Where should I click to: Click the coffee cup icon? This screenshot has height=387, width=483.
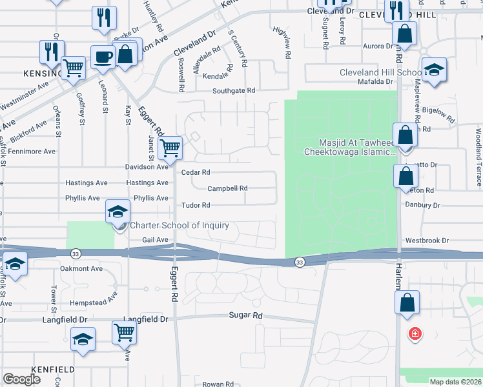103,57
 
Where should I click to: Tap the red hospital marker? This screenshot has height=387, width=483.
415,333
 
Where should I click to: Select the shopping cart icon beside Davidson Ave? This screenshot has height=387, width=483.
170,147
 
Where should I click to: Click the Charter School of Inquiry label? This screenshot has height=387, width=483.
180,225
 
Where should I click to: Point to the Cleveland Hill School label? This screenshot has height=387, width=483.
381,72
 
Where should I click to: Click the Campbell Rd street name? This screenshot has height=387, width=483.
227,189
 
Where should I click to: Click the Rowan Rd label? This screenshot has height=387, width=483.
217,384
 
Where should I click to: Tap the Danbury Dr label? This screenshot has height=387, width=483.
423,205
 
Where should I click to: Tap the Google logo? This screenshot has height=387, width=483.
22,379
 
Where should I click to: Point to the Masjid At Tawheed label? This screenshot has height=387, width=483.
357,143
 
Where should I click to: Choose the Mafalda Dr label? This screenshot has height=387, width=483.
376,82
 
